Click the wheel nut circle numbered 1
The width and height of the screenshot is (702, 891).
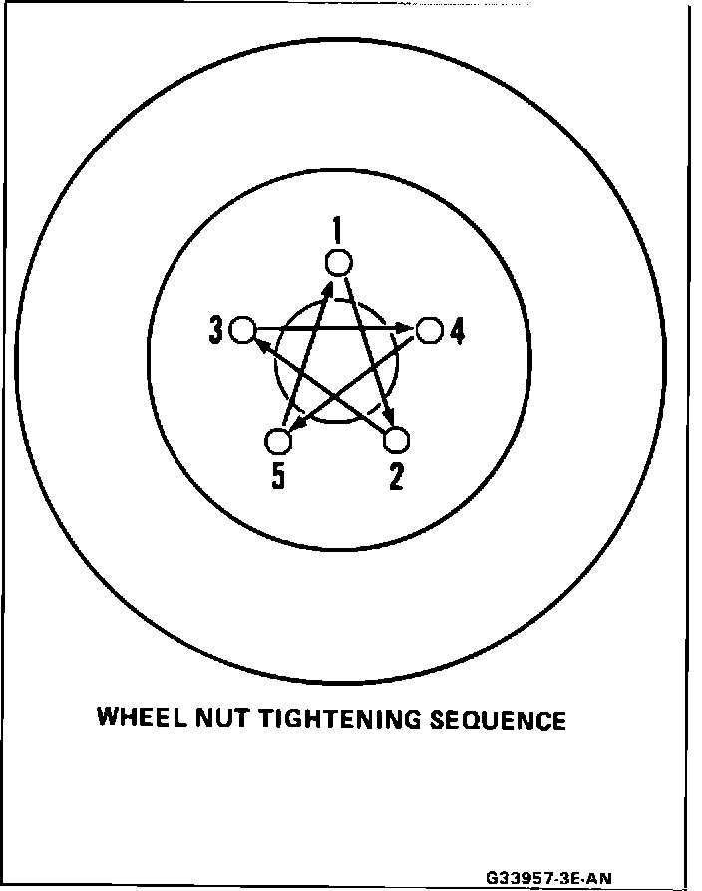point(339,263)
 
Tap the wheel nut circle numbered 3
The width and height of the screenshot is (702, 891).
point(242,329)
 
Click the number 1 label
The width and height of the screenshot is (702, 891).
point(338,232)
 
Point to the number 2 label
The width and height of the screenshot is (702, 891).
point(397,478)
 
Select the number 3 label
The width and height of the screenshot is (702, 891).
point(216,330)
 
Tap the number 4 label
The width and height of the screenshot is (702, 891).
point(457,330)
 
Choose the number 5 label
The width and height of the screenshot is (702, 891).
point(278,478)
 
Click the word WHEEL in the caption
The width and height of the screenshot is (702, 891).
point(139,718)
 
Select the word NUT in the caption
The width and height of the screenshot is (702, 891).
point(220,718)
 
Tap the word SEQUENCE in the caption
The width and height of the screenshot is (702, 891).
point(498,719)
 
